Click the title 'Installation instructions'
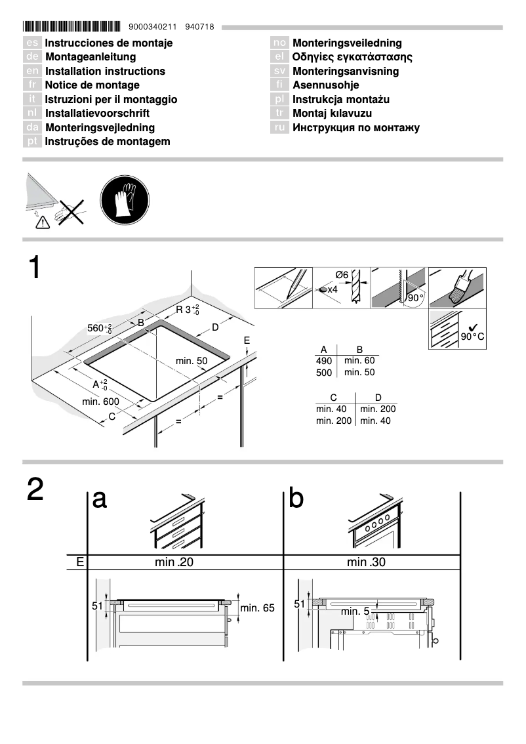105,71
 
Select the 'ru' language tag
279,127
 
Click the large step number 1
35,269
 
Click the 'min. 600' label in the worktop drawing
100,402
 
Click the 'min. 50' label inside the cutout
192,361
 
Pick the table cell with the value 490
324,361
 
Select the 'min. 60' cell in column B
359,360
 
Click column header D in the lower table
377,397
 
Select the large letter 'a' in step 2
100,499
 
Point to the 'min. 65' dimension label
257,608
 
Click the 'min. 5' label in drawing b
354,611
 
